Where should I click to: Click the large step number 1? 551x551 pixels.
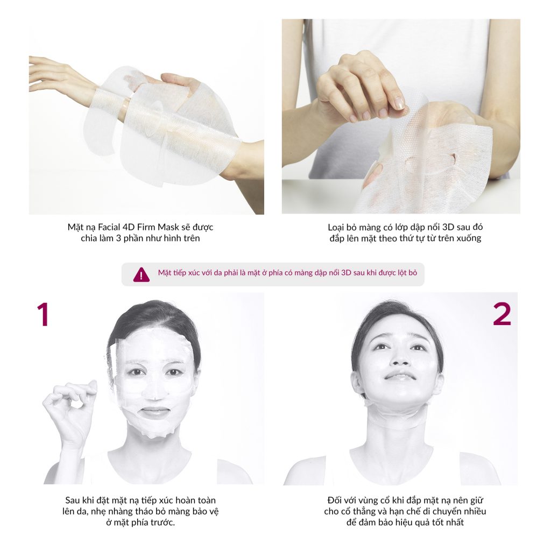[x=43, y=314]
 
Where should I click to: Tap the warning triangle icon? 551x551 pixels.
[x=142, y=274]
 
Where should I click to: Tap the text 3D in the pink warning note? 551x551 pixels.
[x=346, y=273]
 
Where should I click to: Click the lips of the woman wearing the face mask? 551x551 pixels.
[x=154, y=412]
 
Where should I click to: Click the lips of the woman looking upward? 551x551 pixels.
[x=400, y=376]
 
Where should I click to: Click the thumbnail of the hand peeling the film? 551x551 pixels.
[x=398, y=104]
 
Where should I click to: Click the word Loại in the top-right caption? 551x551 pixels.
[x=336, y=228]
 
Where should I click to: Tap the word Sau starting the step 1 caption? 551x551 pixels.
[x=73, y=500]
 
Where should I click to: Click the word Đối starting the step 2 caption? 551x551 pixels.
[x=334, y=500]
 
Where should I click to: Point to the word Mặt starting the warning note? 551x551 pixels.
[x=164, y=273]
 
